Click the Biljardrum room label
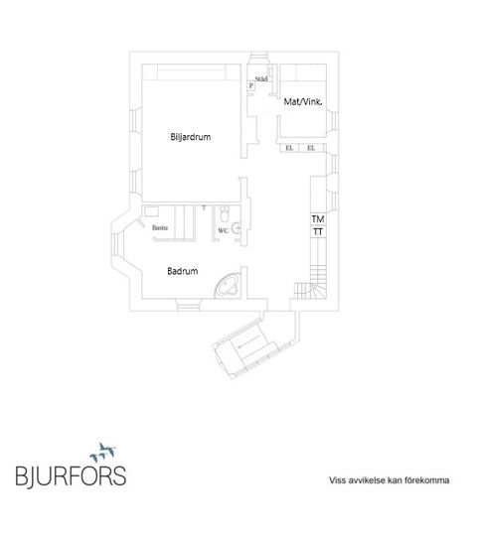pyautogui.click(x=191, y=137)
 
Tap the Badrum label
pyautogui.click(x=183, y=271)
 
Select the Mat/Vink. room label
pyautogui.click(x=303, y=101)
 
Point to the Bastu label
pyautogui.click(x=160, y=227)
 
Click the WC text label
pyautogui.click(x=223, y=231)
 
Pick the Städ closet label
pyautogui.click(x=261, y=79)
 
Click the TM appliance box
pyautogui.click(x=318, y=218)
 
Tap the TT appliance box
pyautogui.click(x=318, y=232)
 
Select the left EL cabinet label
pyautogui.click(x=289, y=148)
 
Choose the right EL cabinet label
pyautogui.click(x=311, y=148)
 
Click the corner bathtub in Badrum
pyautogui.click(x=227, y=286)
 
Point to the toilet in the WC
pyautogui.click(x=225, y=214)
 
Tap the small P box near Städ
pyautogui.click(x=251, y=85)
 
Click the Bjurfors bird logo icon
pyautogui.click(x=103, y=453)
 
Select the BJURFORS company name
pyautogui.click(x=71, y=475)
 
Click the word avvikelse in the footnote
pyautogui.click(x=367, y=480)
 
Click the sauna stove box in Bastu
pyautogui.click(x=151, y=211)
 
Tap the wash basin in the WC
pyautogui.click(x=237, y=227)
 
